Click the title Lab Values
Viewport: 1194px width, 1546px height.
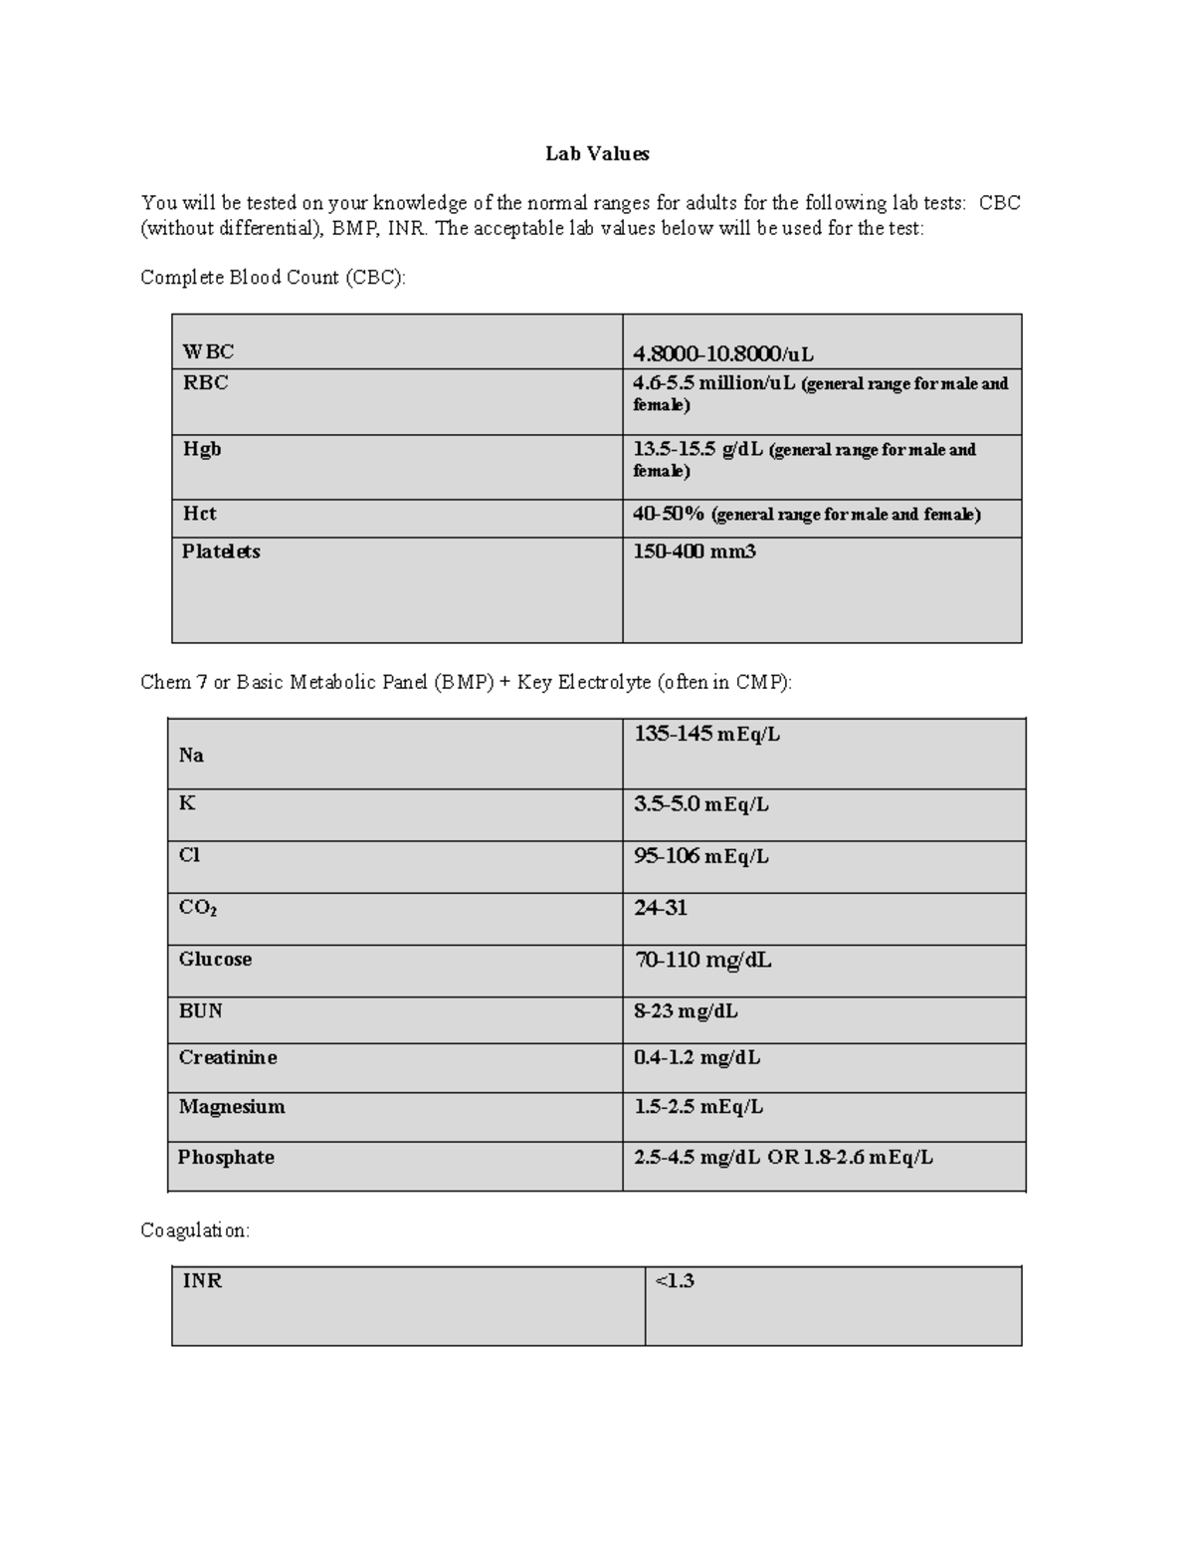597,153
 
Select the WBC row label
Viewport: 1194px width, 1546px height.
208,351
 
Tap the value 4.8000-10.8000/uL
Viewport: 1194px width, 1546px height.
723,353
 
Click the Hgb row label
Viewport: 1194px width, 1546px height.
202,449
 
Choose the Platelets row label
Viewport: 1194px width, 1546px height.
221,552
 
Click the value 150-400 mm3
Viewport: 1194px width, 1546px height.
695,552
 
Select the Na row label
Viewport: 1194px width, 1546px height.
191,756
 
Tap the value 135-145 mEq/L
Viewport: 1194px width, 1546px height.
707,735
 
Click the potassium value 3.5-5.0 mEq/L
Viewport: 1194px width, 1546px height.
701,804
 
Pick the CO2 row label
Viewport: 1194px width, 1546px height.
198,908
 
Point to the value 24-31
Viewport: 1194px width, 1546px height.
661,908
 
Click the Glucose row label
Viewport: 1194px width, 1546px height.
215,960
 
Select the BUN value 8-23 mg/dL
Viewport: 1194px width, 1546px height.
686,1011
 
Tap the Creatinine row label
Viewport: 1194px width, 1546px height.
228,1058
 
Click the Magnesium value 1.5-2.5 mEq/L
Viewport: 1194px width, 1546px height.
698,1107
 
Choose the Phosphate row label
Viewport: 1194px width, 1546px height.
226,1158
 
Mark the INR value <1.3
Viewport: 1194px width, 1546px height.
675,1281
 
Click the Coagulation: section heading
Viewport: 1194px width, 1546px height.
195,1230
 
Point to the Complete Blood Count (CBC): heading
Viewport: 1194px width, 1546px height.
274,278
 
